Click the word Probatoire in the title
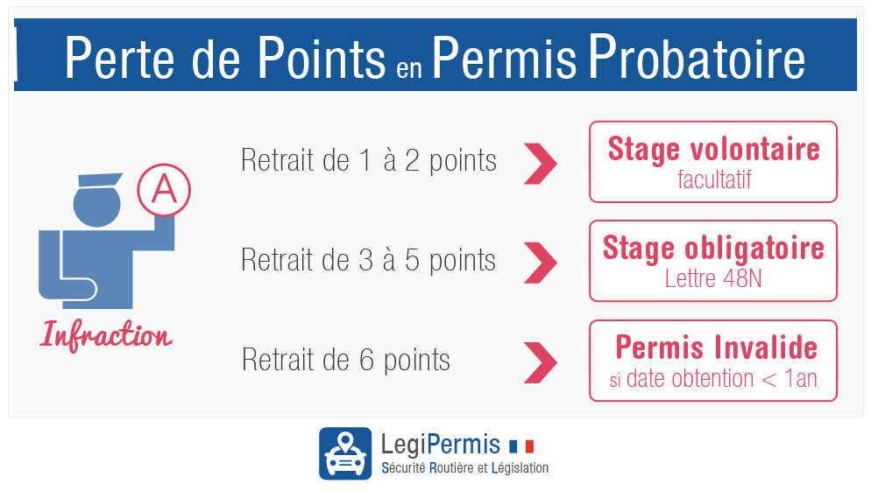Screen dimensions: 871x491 [x=697, y=57]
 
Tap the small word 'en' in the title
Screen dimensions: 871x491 [x=409, y=67]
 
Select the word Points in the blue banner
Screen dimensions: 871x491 [x=322, y=57]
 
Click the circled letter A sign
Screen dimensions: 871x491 [x=164, y=190]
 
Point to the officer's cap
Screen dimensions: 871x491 [x=100, y=179]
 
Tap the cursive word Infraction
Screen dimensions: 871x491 [x=105, y=336]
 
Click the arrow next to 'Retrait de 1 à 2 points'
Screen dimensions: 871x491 [x=540, y=164]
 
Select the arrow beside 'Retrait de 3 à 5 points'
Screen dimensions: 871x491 [x=540, y=263]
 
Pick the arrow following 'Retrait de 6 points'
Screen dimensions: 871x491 [x=540, y=362]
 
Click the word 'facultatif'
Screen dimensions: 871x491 [x=714, y=179]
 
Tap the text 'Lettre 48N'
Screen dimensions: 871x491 [x=713, y=278]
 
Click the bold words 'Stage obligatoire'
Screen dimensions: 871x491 [x=713, y=248]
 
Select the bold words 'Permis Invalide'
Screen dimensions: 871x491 [x=716, y=347]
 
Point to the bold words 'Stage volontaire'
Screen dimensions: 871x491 [x=714, y=150]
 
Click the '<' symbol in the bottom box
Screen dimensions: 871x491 [x=768, y=380]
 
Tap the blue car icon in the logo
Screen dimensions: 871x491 [x=345, y=453]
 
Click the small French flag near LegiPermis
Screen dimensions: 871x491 [x=521, y=446]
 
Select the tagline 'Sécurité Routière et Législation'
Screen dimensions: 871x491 [x=465, y=467]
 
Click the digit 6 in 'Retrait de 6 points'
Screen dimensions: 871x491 [x=366, y=360]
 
